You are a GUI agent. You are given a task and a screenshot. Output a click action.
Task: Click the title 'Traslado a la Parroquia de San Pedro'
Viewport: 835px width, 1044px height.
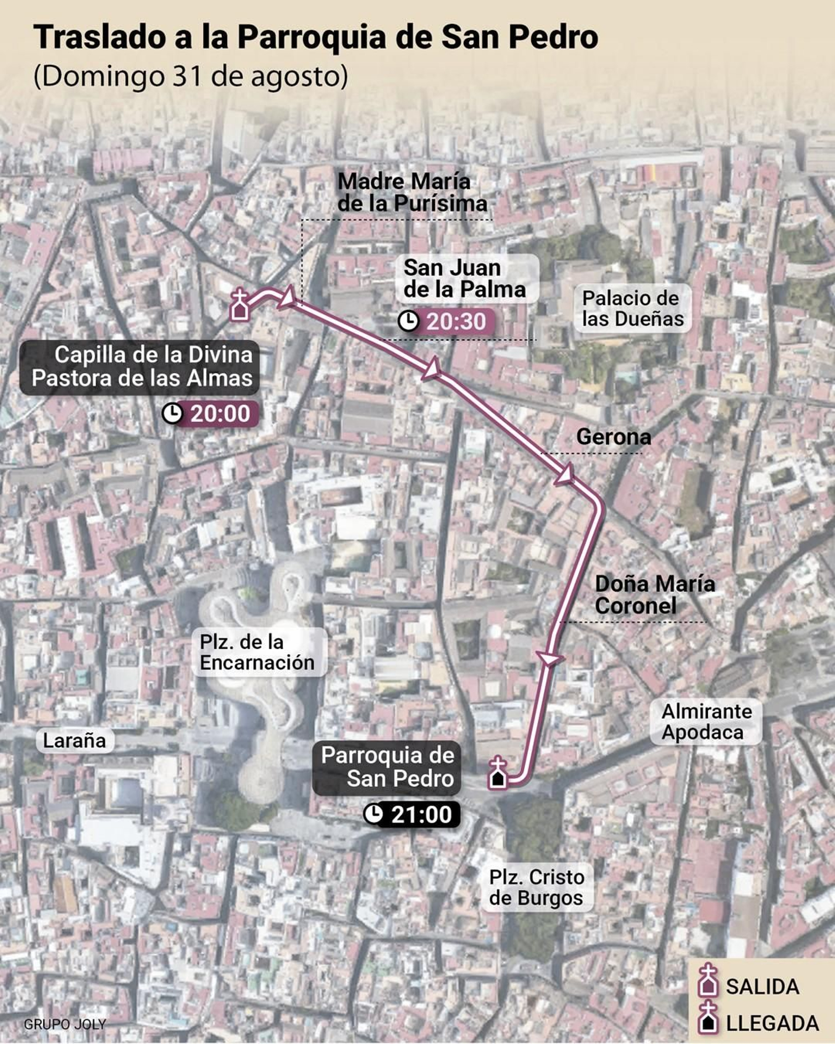(316, 38)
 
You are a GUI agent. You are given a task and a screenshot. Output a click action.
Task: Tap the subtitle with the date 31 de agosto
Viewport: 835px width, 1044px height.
(190, 76)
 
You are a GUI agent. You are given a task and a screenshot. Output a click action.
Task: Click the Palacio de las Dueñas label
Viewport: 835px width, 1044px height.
(632, 308)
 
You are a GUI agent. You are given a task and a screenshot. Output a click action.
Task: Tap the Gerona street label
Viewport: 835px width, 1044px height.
(613, 437)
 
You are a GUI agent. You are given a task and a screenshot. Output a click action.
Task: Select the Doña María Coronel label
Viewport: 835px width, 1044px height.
(654, 595)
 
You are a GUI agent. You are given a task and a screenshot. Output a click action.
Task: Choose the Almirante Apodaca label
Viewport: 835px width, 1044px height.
(706, 722)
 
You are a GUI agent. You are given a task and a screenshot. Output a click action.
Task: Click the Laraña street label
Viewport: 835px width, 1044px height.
(74, 740)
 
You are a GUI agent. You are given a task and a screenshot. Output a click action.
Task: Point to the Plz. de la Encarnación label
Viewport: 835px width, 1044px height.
(257, 652)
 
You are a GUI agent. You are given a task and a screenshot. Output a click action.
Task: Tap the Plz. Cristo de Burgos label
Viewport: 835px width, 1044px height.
(536, 887)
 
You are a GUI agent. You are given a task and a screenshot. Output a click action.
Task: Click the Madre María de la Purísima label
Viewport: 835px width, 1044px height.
(412, 193)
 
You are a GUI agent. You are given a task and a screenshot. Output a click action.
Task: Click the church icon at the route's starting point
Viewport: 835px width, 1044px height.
(240, 305)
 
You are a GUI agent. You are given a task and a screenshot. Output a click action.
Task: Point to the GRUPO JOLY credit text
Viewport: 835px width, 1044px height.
(65, 1024)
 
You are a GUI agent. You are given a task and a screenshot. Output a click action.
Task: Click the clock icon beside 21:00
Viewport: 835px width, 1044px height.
(373, 814)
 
